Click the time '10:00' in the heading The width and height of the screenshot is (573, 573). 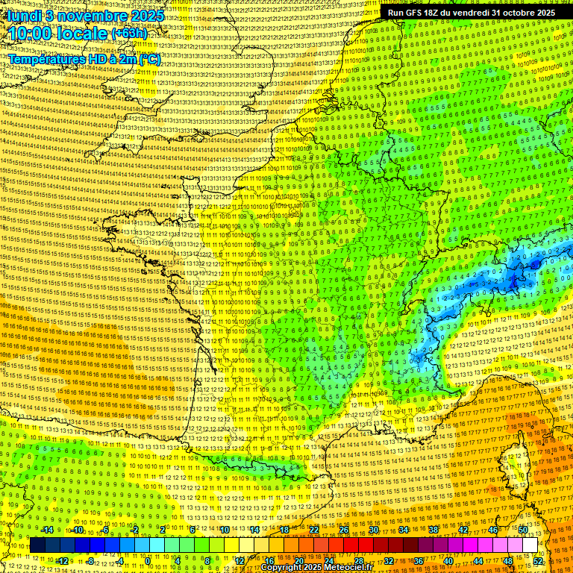[31, 34]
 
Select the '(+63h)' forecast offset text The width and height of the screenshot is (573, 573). [129, 34]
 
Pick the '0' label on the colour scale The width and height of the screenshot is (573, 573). [148, 561]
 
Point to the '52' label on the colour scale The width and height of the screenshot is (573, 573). [538, 561]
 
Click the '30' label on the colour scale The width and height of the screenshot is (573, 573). [373, 530]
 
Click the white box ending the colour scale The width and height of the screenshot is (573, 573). [530, 545]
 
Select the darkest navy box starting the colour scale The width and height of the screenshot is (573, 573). [38, 545]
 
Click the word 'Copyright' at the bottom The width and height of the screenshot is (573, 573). [284, 568]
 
